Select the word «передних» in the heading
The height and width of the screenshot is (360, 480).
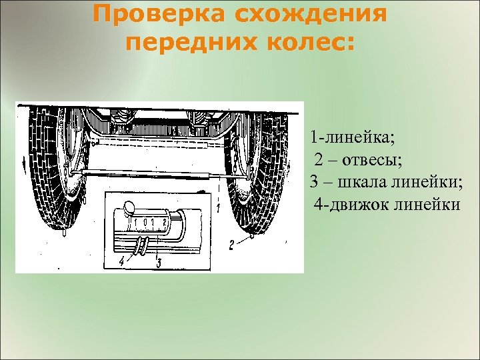(x=186, y=42)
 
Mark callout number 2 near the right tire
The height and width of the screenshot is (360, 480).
(x=231, y=245)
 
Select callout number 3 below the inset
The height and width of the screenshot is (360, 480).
(x=159, y=262)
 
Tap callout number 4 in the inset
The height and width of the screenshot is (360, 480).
(x=121, y=262)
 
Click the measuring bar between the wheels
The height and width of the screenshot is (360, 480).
(x=153, y=173)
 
